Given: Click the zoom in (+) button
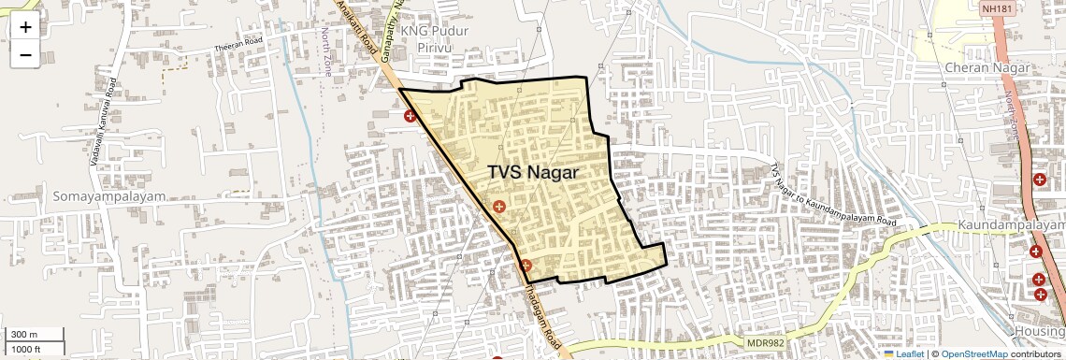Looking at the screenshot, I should pyautogui.click(x=25, y=27).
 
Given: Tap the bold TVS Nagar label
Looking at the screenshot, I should pyautogui.click(x=533, y=173).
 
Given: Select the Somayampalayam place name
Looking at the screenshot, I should pyautogui.click(x=83, y=197).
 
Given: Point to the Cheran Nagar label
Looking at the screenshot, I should pyautogui.click(x=987, y=68).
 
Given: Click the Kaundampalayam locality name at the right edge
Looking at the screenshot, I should pyautogui.click(x=1011, y=226).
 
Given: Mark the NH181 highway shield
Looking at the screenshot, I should pyautogui.click(x=998, y=8).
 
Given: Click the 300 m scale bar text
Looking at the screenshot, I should pyautogui.click(x=24, y=335).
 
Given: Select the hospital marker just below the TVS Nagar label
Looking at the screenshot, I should pyautogui.click(x=499, y=206).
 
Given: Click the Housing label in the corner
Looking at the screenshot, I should pyautogui.click(x=1039, y=332).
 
